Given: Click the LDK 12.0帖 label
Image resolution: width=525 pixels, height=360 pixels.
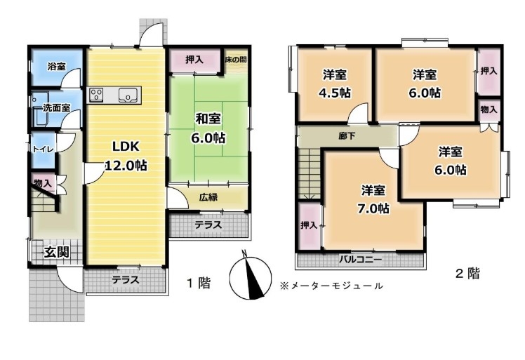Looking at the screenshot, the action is point(126,156).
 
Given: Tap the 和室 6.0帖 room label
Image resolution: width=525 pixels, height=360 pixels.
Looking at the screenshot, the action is point(208,128).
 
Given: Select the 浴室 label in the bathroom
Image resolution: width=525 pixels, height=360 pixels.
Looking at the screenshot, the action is point(56,66).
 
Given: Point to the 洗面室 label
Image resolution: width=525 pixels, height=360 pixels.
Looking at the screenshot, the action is point(57,108).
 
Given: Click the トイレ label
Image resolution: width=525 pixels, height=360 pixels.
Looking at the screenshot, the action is point(43,149).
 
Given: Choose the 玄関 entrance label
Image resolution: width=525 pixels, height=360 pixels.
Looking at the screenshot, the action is point(57,252).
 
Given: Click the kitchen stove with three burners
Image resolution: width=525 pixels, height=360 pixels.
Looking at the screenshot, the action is point(95,95).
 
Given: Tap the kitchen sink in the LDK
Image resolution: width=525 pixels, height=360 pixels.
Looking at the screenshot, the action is point(128,95).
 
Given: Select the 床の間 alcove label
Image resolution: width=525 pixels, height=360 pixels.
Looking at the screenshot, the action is point(236,60).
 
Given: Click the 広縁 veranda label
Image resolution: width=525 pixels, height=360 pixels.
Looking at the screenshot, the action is point(208,197).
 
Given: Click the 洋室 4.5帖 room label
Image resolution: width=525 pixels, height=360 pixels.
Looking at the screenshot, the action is point(335,84).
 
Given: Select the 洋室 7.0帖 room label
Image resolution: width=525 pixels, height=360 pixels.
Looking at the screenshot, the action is point(373,199).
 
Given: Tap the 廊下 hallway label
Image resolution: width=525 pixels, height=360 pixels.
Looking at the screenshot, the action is point(347,136).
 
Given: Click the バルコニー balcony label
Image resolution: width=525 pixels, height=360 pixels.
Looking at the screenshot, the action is point(360,260).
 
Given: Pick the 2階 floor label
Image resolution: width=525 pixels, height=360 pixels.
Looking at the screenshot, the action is point(467,273).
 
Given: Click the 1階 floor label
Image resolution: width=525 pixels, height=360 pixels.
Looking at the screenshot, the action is point(199,283).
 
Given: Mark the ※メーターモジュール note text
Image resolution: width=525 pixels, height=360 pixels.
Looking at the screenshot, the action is point(331,286).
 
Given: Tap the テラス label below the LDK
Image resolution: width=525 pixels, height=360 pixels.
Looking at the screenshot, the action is point(125,279).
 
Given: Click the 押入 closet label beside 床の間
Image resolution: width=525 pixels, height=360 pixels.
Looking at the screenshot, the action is point(194,60).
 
